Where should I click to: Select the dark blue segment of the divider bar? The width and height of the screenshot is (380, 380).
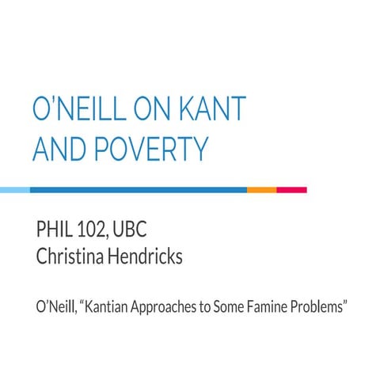tap(138, 190)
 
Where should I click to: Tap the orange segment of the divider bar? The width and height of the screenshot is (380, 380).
tap(261, 190)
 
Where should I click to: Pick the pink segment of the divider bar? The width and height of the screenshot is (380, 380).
tap(291, 190)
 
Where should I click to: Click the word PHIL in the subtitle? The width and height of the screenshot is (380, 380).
tap(55, 232)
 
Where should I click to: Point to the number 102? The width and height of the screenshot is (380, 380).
tap(97, 232)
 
